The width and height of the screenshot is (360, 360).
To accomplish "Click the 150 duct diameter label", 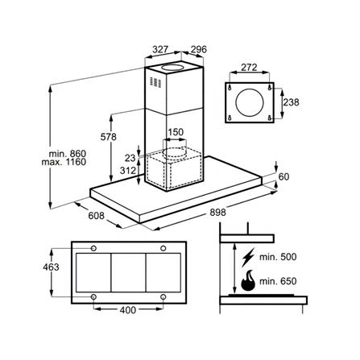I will click(175, 132).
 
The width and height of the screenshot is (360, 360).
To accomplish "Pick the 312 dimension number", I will click(126, 170).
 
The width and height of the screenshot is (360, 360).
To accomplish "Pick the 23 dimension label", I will click(130, 159).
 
